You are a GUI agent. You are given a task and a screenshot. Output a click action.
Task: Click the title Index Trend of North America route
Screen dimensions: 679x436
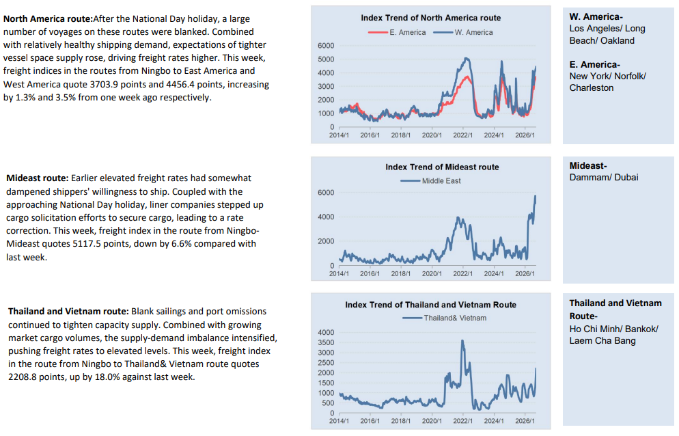[x=431, y=18]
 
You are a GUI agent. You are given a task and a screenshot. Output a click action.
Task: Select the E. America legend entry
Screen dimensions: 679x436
[x=397, y=32]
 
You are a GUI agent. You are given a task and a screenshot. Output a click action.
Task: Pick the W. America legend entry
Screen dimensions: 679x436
[x=463, y=32]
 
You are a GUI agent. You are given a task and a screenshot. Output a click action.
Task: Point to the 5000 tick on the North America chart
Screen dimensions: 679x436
[x=326, y=59]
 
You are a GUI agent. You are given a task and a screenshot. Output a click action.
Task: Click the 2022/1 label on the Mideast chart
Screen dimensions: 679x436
[x=463, y=273]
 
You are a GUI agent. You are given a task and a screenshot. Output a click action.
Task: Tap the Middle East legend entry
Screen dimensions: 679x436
[x=430, y=180]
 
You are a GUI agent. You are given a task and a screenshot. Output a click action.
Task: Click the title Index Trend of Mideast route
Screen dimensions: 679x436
[x=442, y=167]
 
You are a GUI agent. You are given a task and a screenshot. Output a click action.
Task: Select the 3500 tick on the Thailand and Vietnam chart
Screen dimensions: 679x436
[x=326, y=342]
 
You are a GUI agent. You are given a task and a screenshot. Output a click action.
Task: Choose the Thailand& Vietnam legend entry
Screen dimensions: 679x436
[x=444, y=318]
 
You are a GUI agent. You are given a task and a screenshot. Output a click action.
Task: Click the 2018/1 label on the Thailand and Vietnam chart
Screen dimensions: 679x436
[x=401, y=421]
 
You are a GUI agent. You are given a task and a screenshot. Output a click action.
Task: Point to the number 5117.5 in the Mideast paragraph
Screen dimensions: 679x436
[x=87, y=243]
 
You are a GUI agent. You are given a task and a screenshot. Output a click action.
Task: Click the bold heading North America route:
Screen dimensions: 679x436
[x=48, y=19]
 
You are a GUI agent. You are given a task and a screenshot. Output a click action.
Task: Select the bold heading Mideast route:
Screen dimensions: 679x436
[x=38, y=178]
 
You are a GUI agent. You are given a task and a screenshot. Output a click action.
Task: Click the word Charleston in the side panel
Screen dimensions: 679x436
[x=592, y=87]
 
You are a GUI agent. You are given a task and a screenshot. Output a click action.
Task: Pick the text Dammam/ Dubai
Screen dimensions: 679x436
[x=604, y=177]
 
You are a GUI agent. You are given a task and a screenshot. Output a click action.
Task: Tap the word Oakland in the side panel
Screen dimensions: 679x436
[x=618, y=40]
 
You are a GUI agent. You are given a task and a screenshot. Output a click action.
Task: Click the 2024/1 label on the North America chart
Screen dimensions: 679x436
[x=494, y=135]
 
